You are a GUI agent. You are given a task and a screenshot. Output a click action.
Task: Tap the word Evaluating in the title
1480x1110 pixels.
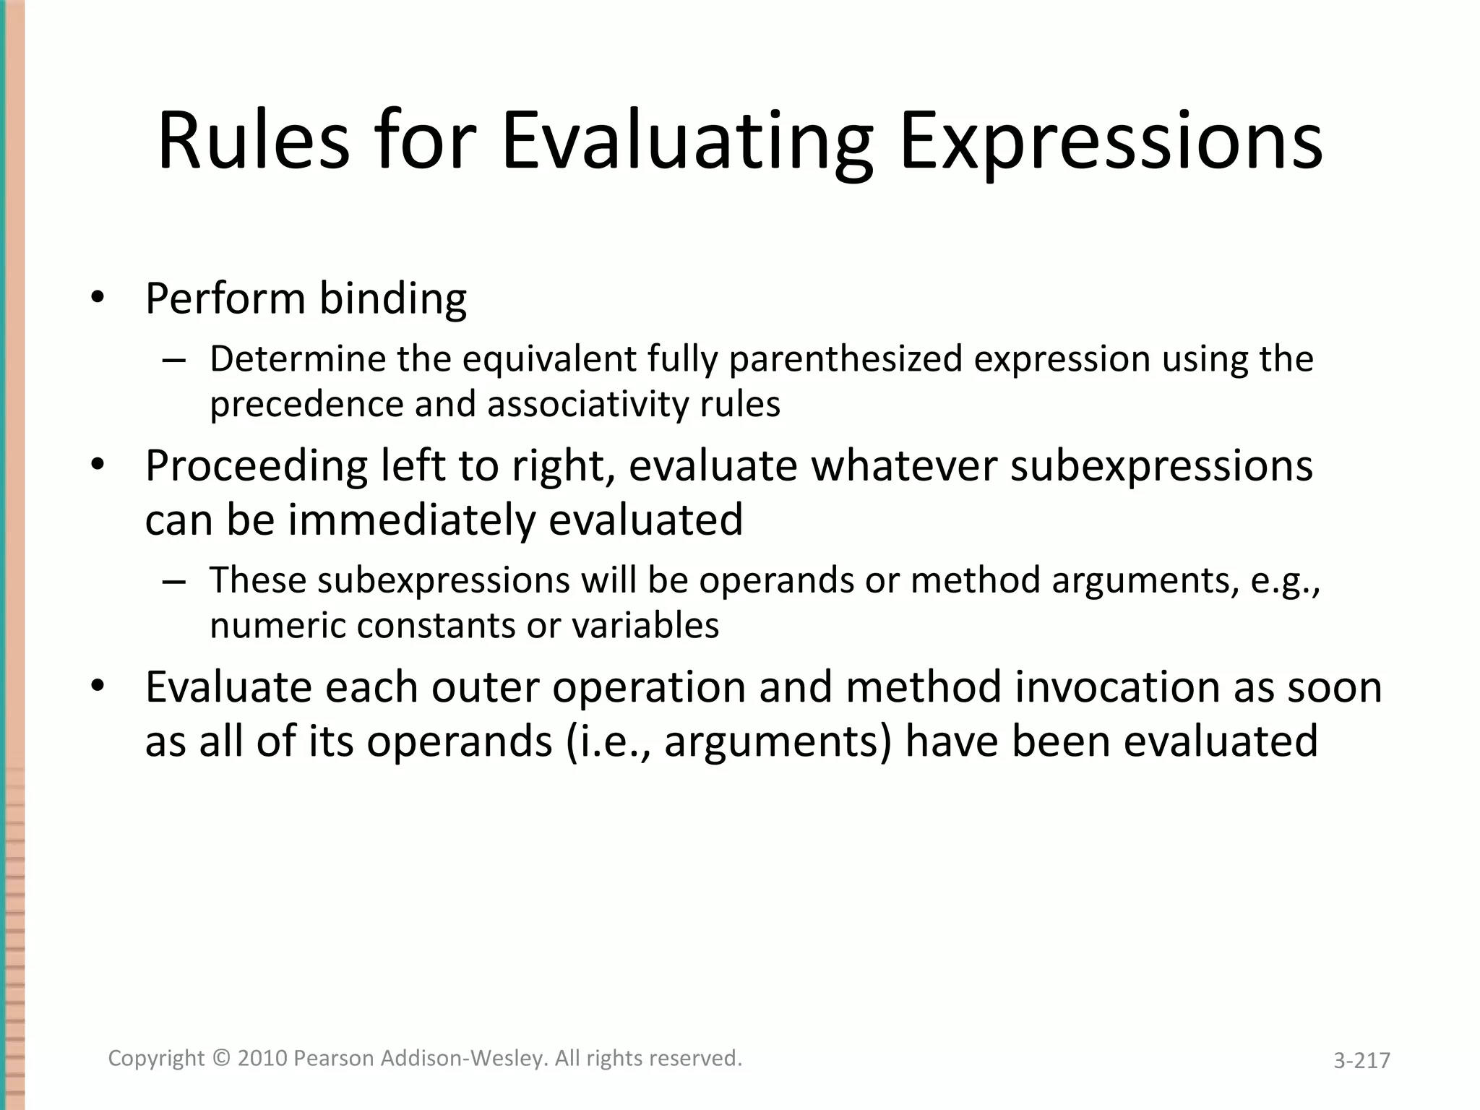coord(687,141)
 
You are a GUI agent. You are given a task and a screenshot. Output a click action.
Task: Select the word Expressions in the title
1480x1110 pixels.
coord(1111,141)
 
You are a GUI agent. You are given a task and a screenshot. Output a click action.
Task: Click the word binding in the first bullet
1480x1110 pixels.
coord(393,298)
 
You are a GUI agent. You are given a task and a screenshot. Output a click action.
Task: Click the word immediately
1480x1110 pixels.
coord(411,520)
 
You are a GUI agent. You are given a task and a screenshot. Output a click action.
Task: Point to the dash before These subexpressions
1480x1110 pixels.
coord(174,581)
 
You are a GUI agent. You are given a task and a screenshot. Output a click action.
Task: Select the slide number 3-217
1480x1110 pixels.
coord(1361,1060)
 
